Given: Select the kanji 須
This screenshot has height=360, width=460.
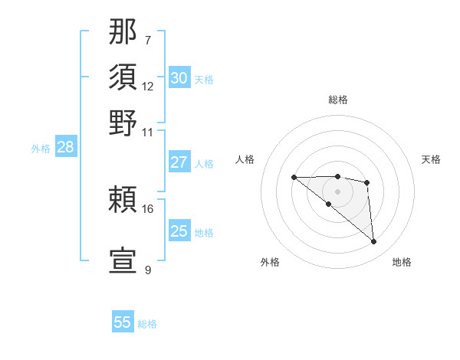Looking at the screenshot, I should [x=123, y=77].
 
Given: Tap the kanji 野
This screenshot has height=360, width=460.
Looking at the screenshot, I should [x=123, y=123].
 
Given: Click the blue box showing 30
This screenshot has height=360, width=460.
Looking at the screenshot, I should [x=179, y=78].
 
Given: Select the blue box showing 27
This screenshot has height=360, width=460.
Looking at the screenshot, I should [x=179, y=162].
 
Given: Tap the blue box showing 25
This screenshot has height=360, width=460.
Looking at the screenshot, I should [x=179, y=231].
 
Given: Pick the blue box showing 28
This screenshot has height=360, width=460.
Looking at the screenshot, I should [x=65, y=148].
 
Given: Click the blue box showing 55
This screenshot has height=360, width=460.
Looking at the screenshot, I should [x=123, y=322].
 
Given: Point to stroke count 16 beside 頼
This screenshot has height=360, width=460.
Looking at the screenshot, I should [x=148, y=208].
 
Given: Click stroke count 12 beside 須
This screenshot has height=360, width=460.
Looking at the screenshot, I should [x=148, y=86].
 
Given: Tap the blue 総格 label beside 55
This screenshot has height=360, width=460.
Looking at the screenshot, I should [x=147, y=324].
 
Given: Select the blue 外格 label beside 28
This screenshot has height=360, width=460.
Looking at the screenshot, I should [x=41, y=149].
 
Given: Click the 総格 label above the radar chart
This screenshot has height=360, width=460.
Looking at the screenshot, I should [x=337, y=100].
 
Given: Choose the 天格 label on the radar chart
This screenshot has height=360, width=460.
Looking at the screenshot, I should [x=431, y=159].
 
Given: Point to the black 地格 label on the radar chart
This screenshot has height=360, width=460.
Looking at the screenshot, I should [x=402, y=262].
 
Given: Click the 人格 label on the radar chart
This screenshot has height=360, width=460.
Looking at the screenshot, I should [x=245, y=159].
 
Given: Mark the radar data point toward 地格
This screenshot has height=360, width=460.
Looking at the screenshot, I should [x=374, y=242].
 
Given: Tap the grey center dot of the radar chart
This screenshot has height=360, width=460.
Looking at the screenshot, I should [x=337, y=191].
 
